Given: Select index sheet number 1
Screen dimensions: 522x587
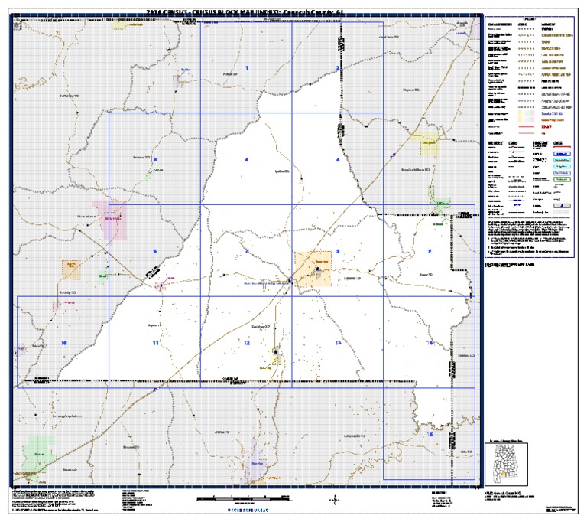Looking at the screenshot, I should (x=247, y=68).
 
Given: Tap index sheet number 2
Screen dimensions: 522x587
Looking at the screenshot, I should (x=338, y=68).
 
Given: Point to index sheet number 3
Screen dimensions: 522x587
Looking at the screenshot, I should (x=155, y=160).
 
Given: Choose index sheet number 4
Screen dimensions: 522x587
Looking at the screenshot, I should (x=247, y=160).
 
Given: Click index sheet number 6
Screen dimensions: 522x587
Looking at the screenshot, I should (x=155, y=251).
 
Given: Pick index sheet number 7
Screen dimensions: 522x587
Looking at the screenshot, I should (x=247, y=251).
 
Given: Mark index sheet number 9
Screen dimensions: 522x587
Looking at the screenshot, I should (x=430, y=251).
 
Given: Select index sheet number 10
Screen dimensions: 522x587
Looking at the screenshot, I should (x=64, y=343).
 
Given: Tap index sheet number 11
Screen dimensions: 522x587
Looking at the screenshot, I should (x=156, y=343).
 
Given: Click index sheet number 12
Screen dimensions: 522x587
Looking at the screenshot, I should (x=247, y=343).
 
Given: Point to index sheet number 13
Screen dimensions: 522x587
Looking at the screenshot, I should (x=338, y=343).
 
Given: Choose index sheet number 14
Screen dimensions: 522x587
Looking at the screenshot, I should (x=430, y=343).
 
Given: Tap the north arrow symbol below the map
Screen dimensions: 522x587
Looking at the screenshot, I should (x=333, y=500).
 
